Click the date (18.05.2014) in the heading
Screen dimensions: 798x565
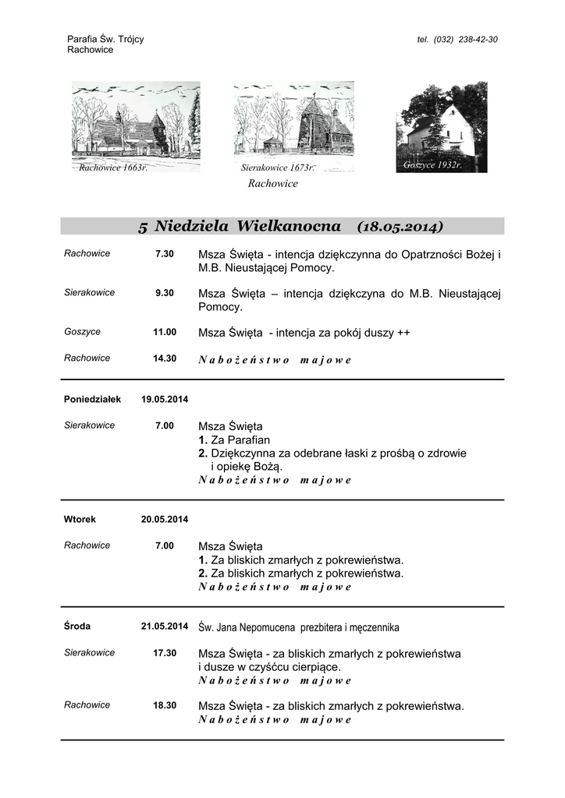400,227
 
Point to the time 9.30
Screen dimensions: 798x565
164,293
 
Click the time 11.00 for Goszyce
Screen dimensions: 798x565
165,332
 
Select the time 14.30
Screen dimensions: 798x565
165,358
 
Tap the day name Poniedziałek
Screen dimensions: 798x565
92,399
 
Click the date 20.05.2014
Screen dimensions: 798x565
165,519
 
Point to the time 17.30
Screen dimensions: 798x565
165,653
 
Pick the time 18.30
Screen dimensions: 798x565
165,705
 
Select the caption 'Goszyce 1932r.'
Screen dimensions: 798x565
432,165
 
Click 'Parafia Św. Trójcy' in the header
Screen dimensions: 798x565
105,39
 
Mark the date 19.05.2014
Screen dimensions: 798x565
165,399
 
